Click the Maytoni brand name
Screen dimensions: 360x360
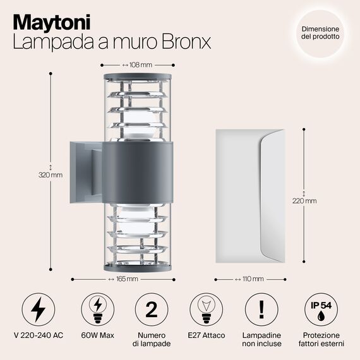[x=52, y=22]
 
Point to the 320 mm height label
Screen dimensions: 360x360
[x=51, y=175]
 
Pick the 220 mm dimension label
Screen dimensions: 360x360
[x=304, y=201]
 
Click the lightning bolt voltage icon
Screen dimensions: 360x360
[x=39, y=309]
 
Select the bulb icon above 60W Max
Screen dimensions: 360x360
[x=97, y=309]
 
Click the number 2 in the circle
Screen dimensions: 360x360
[x=152, y=309]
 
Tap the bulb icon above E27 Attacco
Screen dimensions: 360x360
[x=206, y=309]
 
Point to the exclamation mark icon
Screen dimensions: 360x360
[x=261, y=309]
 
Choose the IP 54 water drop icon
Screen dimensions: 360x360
[x=321, y=309]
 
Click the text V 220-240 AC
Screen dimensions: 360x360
[x=39, y=335]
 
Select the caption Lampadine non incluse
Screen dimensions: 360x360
[x=261, y=339]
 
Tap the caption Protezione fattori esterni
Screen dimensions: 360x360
[x=321, y=339]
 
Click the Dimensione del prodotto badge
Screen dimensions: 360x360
[x=320, y=33]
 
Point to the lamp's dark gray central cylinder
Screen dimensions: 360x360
[x=138, y=172]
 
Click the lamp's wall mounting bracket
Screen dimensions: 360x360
[x=86, y=172]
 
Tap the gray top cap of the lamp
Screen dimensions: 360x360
[x=138, y=76]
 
